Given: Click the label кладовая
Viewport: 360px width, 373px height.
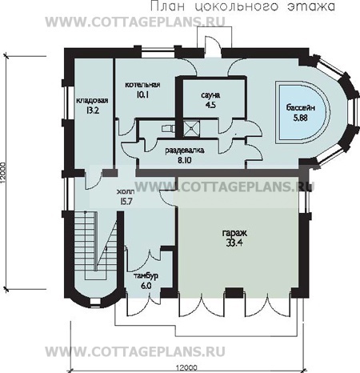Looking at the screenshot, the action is click(x=92, y=101).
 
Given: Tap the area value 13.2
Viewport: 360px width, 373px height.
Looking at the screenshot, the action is click(x=93, y=110).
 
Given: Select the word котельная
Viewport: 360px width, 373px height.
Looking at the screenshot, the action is click(x=142, y=85).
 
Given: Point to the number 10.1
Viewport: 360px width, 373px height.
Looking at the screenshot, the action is click(x=142, y=94).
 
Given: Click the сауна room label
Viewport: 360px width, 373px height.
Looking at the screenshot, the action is click(x=210, y=95).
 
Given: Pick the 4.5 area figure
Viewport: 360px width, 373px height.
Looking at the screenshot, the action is click(x=210, y=105).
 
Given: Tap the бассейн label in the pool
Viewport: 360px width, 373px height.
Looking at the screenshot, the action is click(x=301, y=107).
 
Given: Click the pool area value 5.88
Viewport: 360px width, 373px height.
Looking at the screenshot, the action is click(x=301, y=118).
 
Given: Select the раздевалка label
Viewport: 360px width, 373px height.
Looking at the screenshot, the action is click(x=185, y=150).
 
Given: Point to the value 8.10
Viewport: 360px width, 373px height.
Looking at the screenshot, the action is click(x=185, y=160).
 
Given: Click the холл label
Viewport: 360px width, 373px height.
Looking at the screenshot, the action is click(x=126, y=191).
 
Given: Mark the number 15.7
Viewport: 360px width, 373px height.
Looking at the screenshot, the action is click(x=126, y=201).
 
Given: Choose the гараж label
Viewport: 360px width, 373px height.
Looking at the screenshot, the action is click(x=234, y=233).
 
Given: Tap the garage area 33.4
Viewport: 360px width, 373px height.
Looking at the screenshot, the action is click(x=234, y=243).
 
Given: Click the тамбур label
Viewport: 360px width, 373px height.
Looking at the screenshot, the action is click(x=146, y=276).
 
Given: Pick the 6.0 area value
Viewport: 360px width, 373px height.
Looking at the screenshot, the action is click(x=146, y=286).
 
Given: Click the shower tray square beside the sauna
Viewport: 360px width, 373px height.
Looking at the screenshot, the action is click(x=191, y=128).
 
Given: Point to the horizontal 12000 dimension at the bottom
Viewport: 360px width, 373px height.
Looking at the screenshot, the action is click(x=186, y=368).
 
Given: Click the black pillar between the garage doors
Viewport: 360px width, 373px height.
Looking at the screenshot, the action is click(x=234, y=293).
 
